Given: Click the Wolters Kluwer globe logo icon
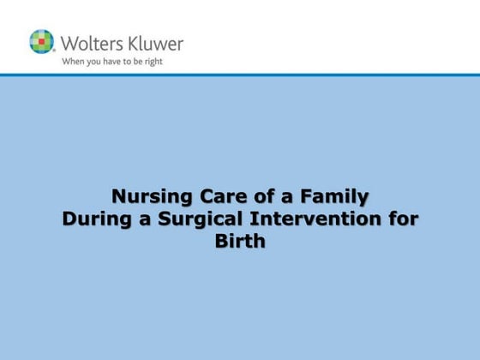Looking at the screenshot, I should [41, 41].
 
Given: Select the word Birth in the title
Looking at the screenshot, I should [240, 241].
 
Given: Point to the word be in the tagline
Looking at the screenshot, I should [135, 62].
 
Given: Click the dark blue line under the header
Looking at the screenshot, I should [240, 75].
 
